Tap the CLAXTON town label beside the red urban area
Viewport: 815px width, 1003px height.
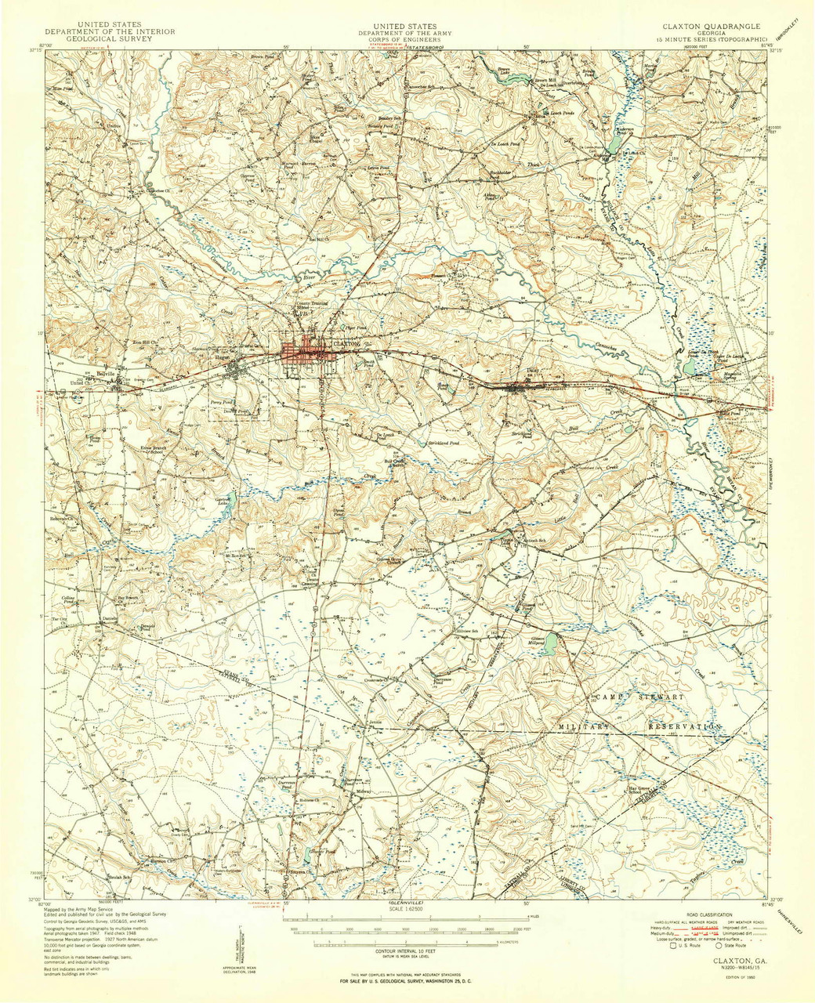[346, 344]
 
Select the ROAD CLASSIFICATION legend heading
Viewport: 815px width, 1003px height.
[710, 914]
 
